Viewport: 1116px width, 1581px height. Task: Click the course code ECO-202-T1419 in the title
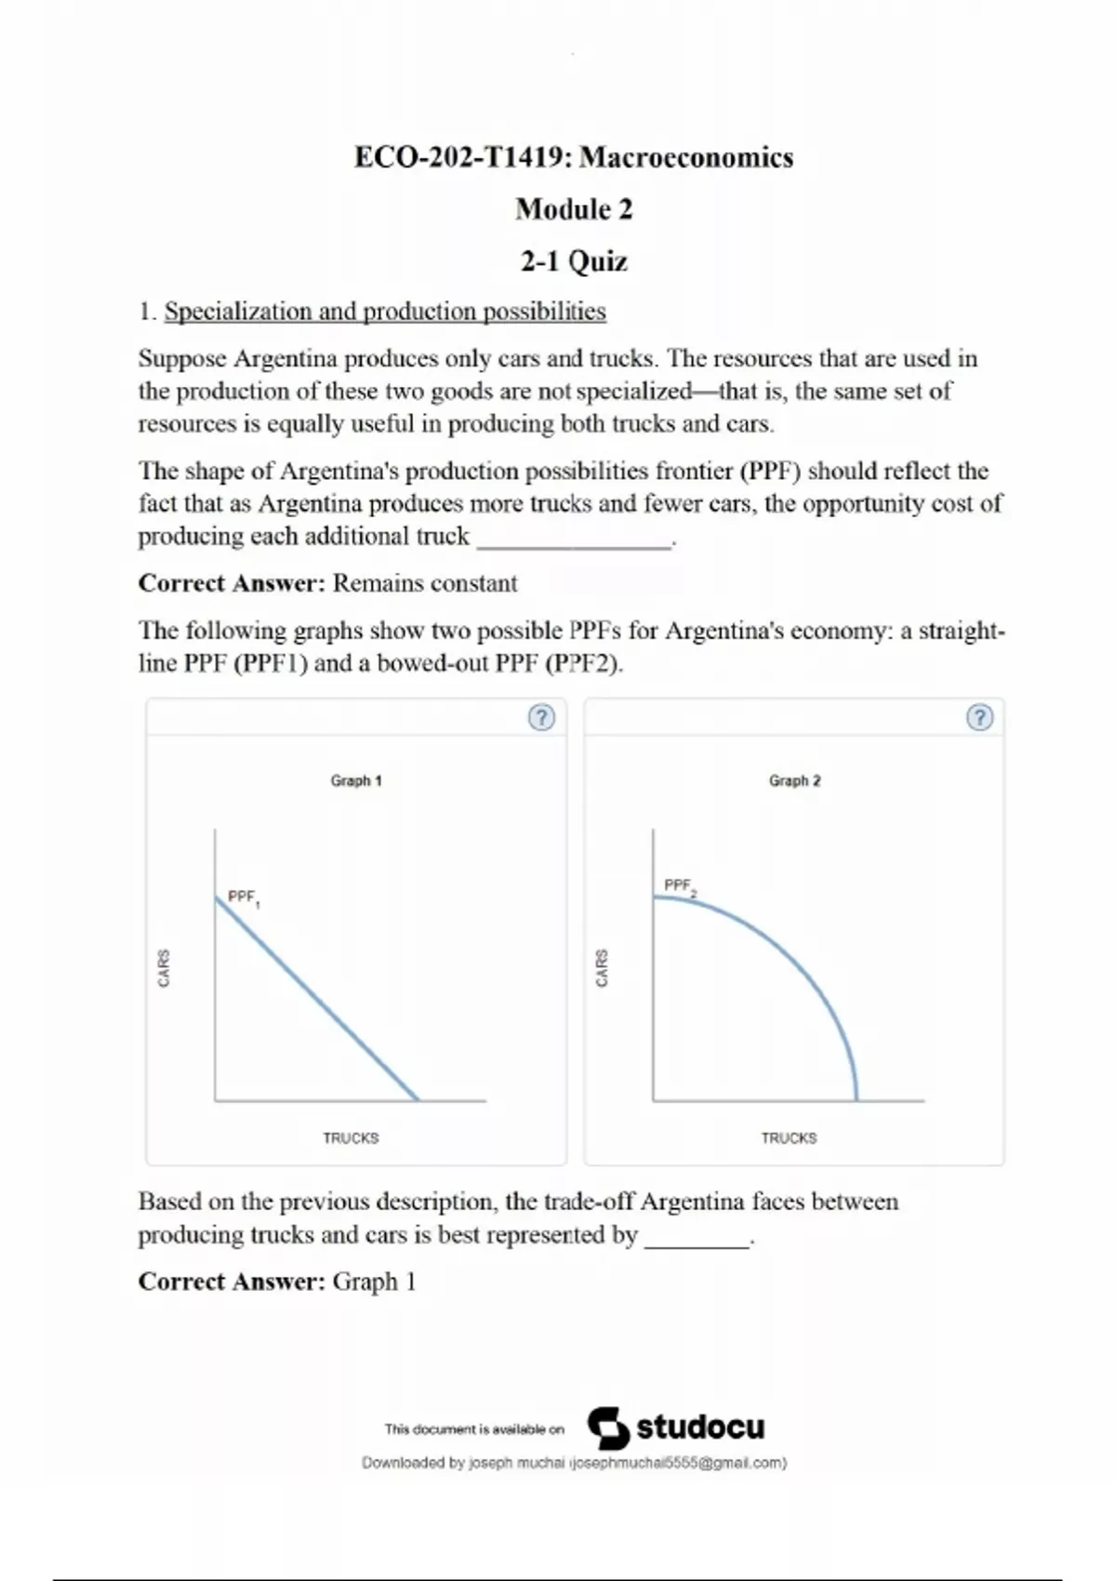click(461, 157)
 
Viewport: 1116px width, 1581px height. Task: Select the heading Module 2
click(574, 209)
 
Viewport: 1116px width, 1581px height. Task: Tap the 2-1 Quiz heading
click(574, 261)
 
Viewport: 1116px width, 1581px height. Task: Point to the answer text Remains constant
click(425, 583)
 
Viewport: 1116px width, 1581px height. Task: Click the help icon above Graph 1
click(541, 717)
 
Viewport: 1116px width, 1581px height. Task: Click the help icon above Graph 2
click(979, 717)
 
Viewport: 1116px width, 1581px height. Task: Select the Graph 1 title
click(356, 780)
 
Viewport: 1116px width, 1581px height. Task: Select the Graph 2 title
click(794, 780)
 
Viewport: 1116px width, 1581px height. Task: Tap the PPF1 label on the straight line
click(243, 897)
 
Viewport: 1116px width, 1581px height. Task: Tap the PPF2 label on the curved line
click(680, 885)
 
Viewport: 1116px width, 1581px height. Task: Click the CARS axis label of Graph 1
click(164, 968)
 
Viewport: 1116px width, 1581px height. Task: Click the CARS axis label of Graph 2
click(602, 968)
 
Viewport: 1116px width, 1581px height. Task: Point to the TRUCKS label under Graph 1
click(351, 1137)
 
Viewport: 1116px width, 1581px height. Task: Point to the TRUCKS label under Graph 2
click(789, 1137)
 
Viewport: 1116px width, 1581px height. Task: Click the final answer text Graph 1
click(374, 1282)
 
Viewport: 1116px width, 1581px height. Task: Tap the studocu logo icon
click(608, 1427)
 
